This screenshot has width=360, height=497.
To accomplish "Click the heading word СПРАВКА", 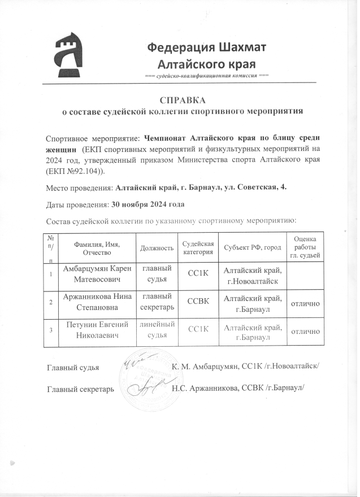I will (x=182, y=100).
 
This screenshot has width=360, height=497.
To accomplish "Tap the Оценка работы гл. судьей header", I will (x=305, y=248).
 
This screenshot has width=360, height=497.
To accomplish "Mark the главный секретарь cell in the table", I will (x=157, y=302).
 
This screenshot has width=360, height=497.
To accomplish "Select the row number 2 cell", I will (x=51, y=303).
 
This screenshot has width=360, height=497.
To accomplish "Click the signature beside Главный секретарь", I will (x=142, y=389).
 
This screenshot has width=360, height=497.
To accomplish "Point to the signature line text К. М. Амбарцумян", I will (x=206, y=367).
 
